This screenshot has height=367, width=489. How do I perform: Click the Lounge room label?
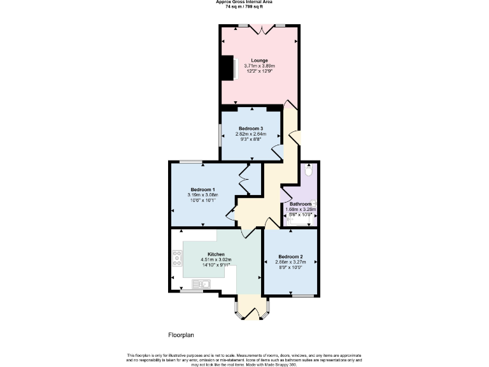259,60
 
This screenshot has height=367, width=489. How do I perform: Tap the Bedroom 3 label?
250,129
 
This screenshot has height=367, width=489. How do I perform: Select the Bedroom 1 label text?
202,189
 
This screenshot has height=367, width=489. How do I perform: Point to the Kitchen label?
215,254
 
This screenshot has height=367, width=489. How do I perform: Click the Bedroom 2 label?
290,257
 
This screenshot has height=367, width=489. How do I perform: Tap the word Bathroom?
301,204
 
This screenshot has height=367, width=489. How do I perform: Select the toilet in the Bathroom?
309,171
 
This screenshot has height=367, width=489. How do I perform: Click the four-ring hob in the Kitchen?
178,258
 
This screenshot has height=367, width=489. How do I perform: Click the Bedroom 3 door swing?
277,151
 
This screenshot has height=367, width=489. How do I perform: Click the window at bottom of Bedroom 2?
302,296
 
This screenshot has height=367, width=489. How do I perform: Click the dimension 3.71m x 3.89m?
259,66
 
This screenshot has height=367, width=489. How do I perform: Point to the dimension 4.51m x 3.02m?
215,260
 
